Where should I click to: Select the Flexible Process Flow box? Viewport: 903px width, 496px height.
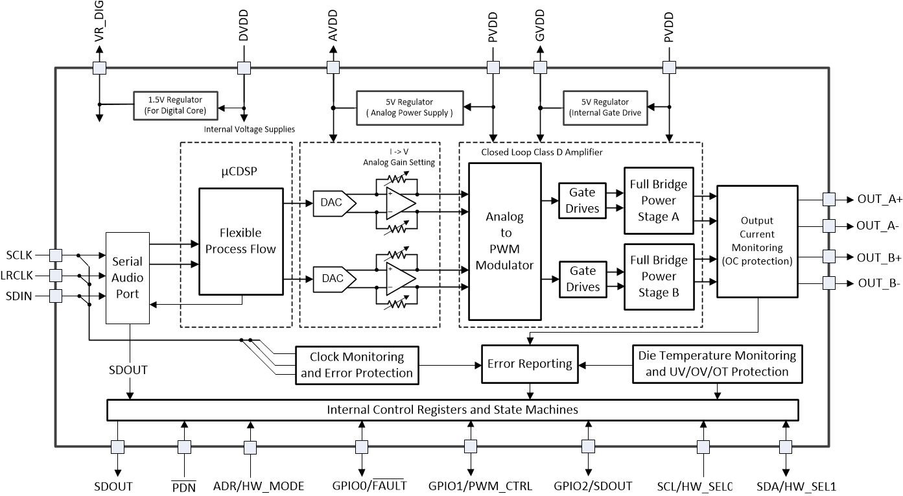240,241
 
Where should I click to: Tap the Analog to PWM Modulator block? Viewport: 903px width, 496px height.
504,241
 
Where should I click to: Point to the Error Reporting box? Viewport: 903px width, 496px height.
530,364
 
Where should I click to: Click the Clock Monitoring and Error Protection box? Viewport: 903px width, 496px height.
357,364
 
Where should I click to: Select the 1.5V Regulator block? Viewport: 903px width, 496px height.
176,105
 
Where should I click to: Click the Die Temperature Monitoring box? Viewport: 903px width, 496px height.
717,364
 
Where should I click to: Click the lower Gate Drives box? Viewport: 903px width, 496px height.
583,279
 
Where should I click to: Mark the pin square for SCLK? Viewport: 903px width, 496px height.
56,255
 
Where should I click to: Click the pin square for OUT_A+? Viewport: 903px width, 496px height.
828,200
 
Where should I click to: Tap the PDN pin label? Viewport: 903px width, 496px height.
184,486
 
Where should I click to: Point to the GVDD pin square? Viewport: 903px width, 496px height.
539,67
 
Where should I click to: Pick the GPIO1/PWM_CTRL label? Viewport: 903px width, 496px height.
480,486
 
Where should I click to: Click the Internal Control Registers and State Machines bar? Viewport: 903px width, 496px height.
452,410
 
